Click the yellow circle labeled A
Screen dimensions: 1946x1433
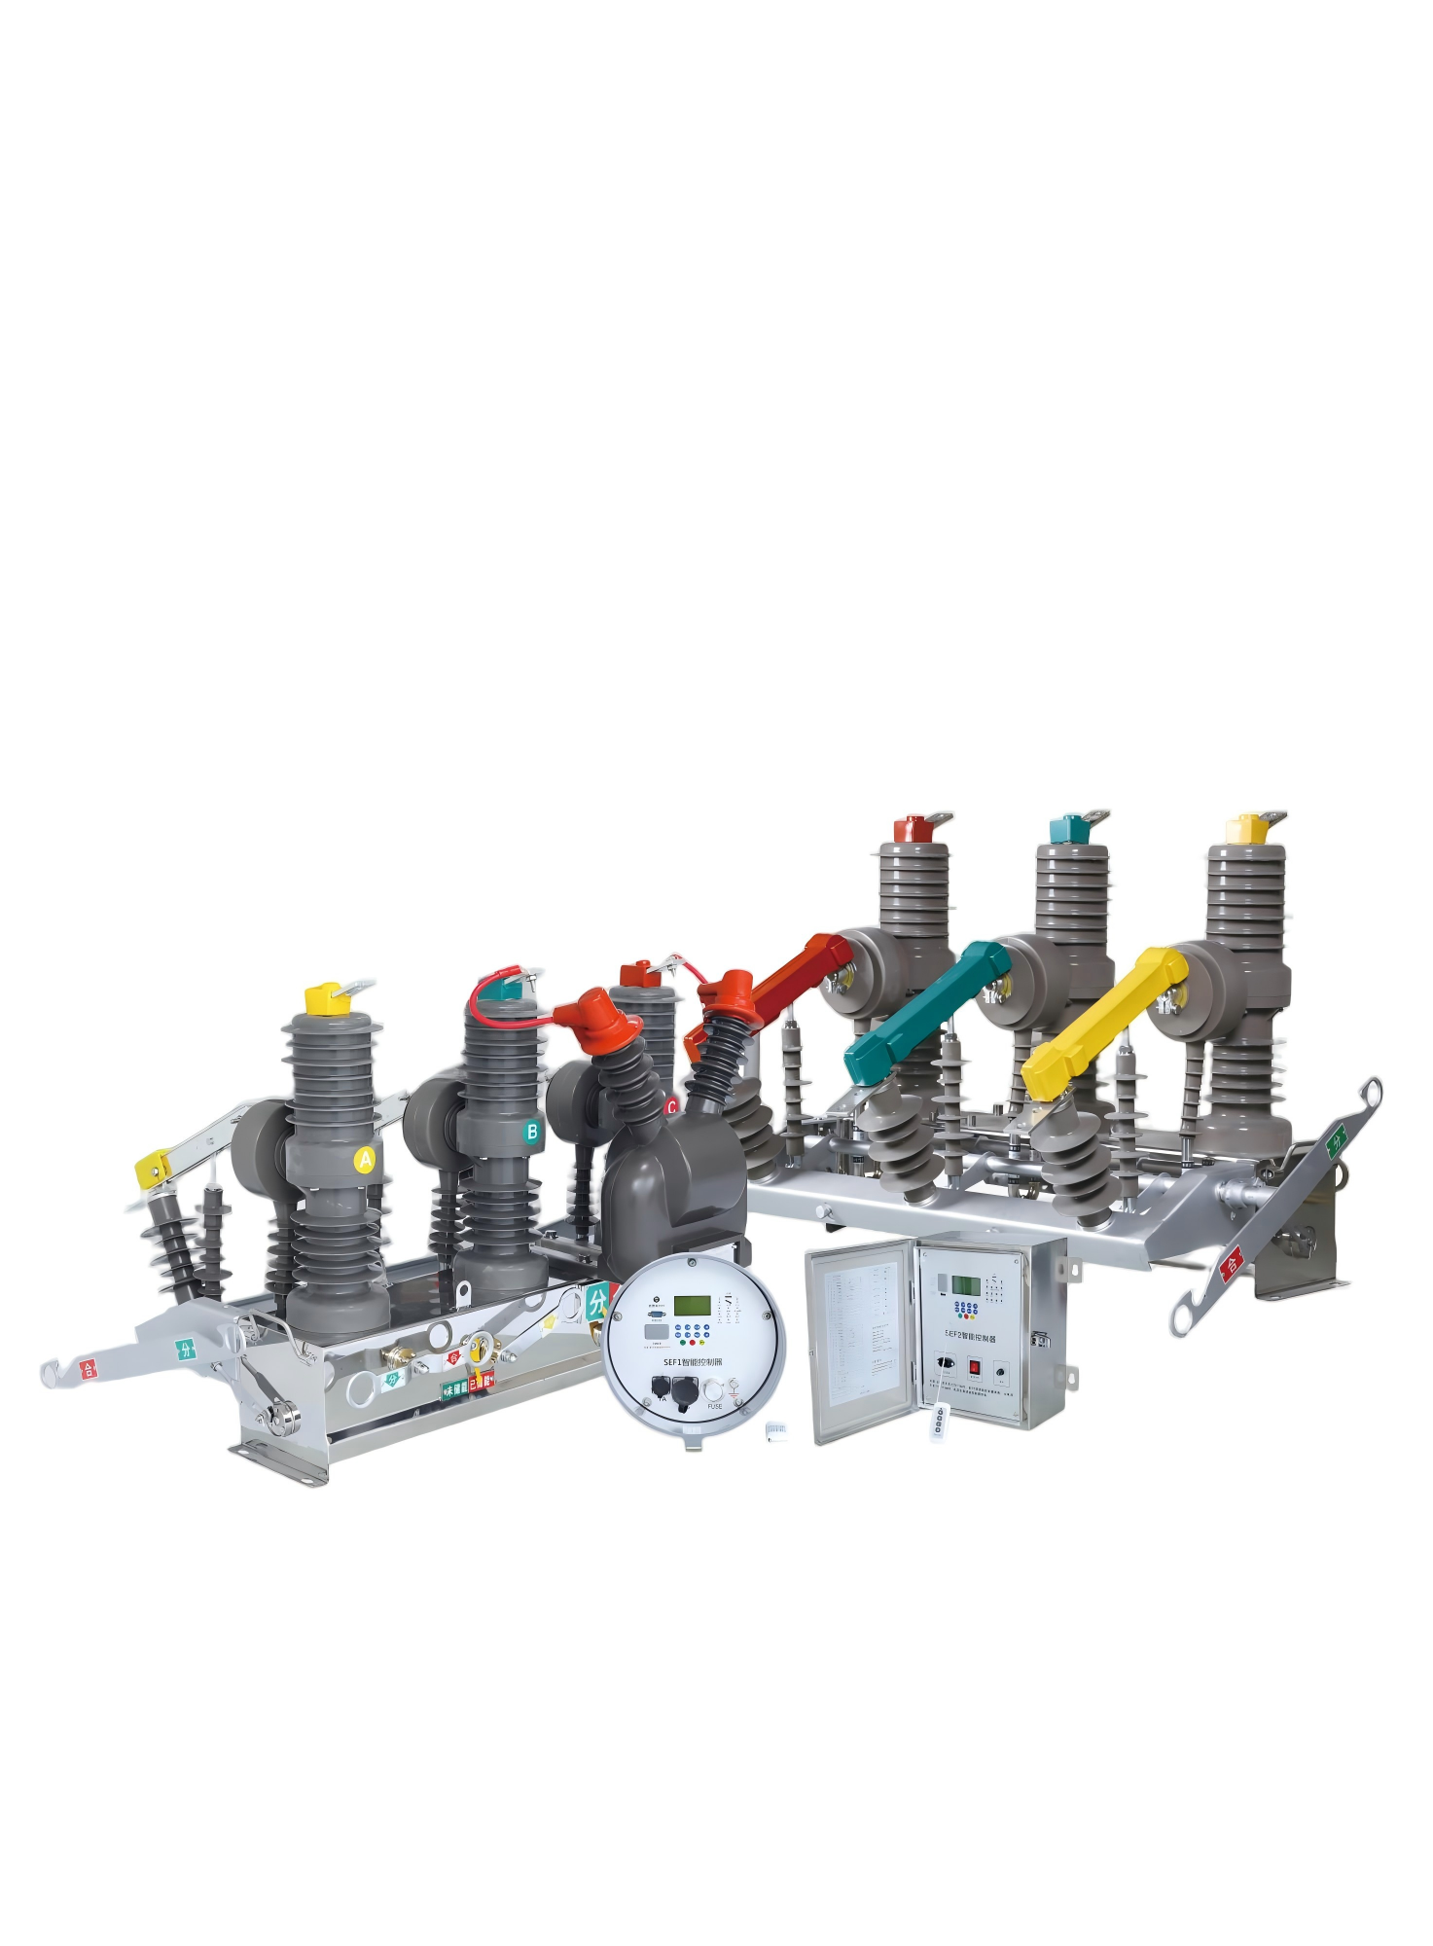(x=365, y=1159)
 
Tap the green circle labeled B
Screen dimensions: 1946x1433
(x=531, y=1131)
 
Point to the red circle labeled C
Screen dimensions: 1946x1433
(x=671, y=1106)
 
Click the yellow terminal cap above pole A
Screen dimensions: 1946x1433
(x=322, y=998)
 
